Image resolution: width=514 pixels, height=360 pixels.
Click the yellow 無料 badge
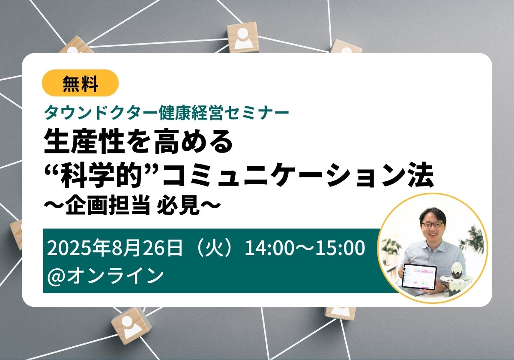click(80, 83)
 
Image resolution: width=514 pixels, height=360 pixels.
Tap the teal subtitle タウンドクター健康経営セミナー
click(166, 112)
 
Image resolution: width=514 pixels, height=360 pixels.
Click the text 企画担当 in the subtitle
click(108, 205)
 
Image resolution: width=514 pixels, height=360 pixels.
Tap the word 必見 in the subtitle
click(178, 205)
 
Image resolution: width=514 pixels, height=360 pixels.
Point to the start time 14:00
click(269, 248)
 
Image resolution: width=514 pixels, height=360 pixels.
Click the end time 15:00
click(340, 248)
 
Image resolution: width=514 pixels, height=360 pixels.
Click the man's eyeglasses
click(432, 225)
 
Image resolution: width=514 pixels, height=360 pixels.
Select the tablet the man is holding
click(419, 277)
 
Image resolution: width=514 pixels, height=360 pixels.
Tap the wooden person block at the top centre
click(243, 37)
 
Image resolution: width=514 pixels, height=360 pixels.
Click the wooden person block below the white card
click(131, 326)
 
